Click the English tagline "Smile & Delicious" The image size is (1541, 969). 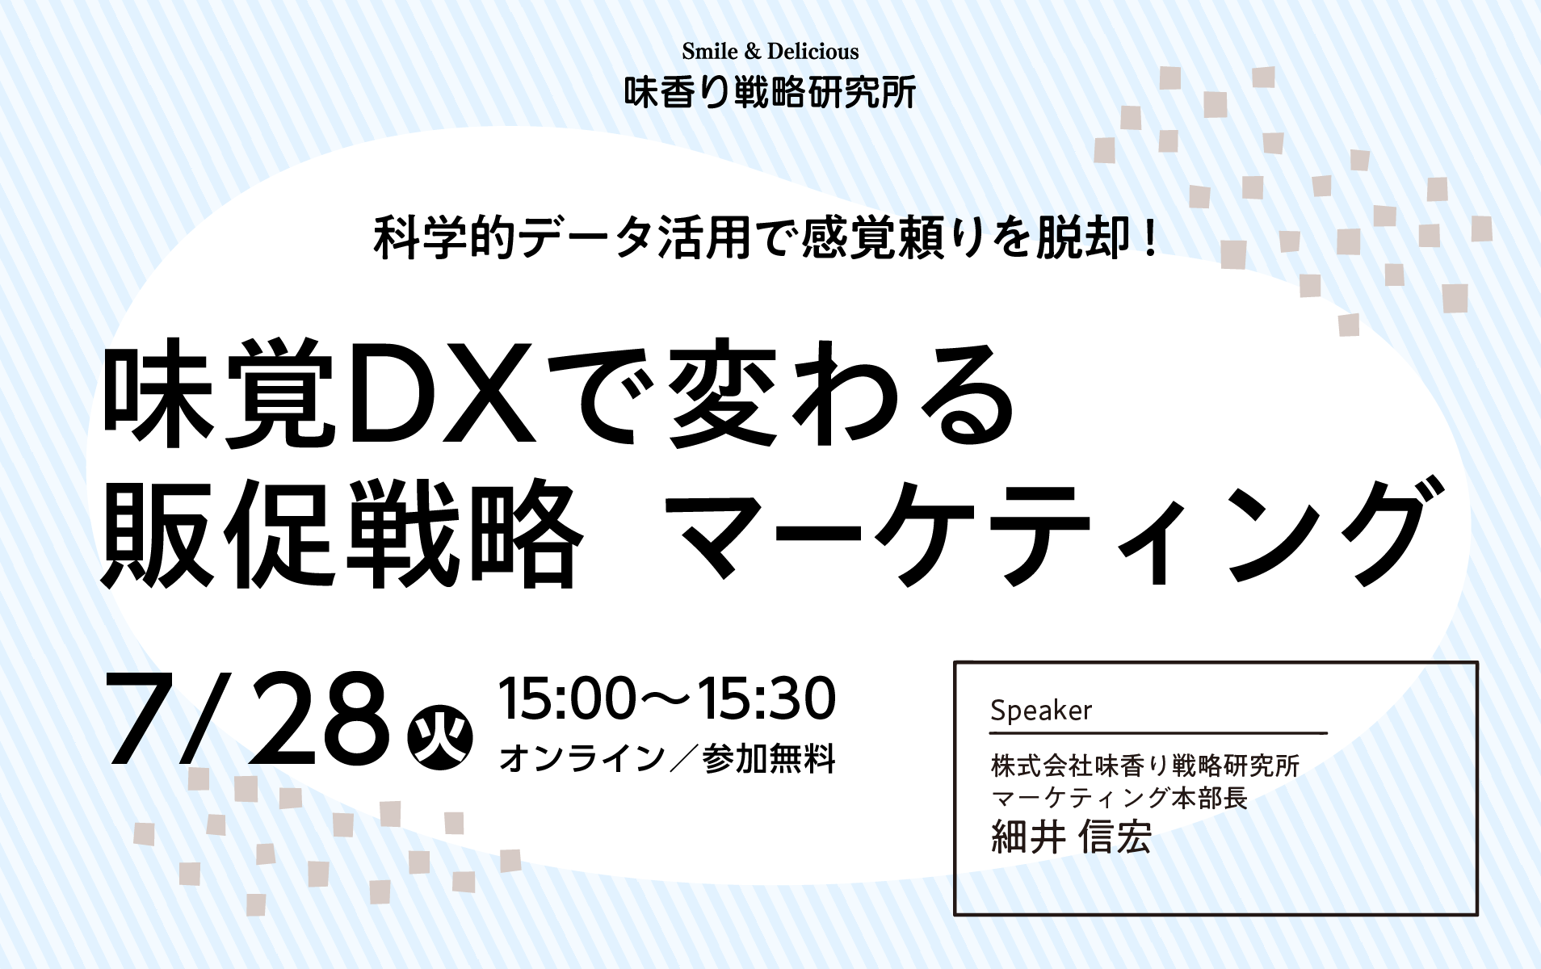point(770,52)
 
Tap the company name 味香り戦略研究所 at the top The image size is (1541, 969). point(770,93)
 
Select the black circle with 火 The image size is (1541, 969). point(440,737)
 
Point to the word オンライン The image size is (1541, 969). point(582,759)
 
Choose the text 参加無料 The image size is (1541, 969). point(769,759)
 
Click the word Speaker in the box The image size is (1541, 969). point(1041,711)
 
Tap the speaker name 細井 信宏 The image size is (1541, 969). point(1071,837)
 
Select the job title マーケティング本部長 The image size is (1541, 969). point(1119,798)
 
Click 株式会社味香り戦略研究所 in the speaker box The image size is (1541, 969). point(1145,765)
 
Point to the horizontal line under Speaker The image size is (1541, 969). point(1159,733)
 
